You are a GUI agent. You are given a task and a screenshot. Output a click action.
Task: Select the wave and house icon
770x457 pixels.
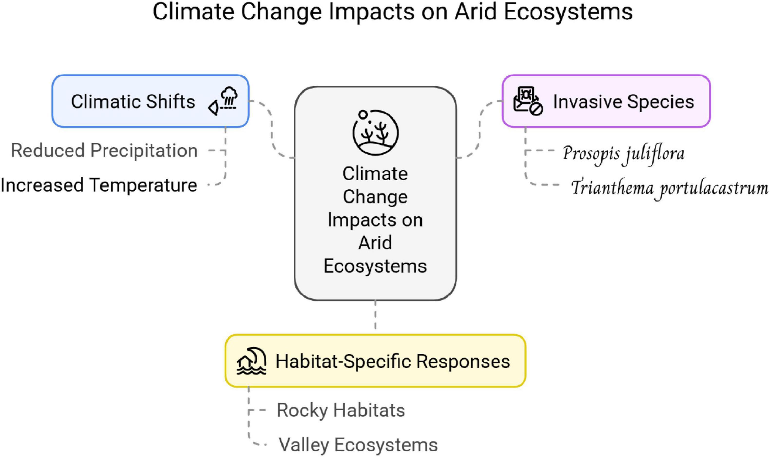pos(251,361)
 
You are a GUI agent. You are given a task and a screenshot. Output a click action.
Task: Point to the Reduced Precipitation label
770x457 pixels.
pos(104,151)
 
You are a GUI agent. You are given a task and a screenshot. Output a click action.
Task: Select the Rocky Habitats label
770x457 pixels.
pos(341,410)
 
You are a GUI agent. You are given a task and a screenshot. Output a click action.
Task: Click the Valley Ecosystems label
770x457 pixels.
pos(358,445)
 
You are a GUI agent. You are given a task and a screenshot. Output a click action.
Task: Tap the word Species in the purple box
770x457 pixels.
pos(661,102)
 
